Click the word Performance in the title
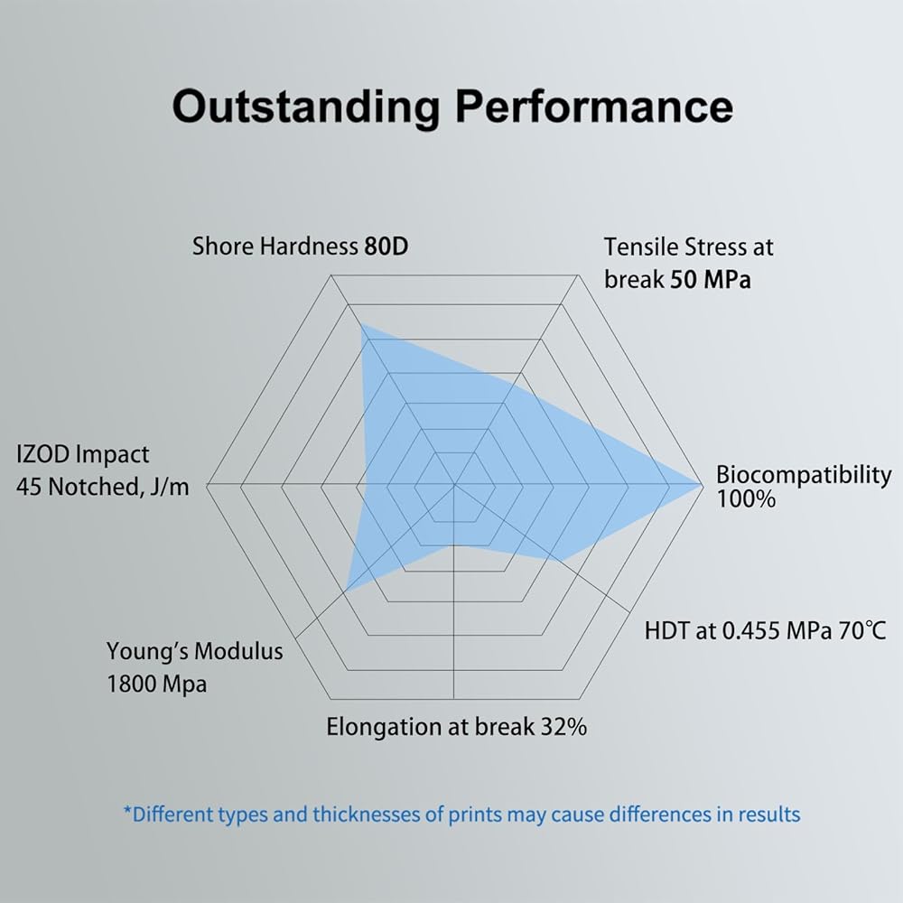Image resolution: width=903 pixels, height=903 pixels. [593, 107]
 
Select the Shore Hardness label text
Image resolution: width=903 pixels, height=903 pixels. [275, 247]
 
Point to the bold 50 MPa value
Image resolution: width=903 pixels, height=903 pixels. [710, 280]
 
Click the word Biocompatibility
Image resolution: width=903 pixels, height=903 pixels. [803, 475]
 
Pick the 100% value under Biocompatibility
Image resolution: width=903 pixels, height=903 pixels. [746, 499]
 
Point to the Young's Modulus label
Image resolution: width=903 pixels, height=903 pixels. [194, 651]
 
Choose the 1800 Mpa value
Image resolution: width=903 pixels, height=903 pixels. [156, 684]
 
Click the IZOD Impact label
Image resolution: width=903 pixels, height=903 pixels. [83, 454]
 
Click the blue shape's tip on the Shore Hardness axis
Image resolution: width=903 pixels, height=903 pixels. [362, 326]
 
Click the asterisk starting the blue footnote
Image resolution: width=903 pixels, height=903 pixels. [127, 812]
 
